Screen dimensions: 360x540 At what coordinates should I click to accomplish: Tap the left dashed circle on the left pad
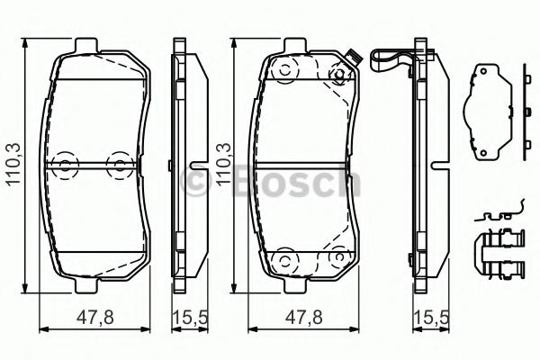[62, 163]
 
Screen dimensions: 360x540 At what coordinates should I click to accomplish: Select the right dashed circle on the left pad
[117, 163]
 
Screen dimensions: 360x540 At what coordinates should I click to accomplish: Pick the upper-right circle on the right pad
[338, 76]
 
